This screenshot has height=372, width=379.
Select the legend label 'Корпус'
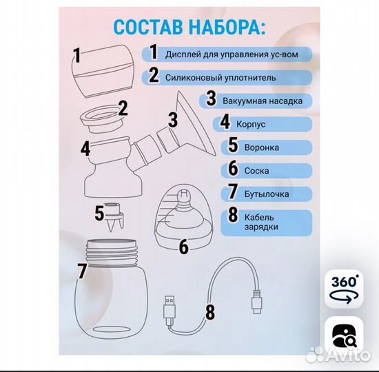(252, 124)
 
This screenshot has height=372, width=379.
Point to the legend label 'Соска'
(256, 170)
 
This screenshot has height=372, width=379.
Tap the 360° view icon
(345, 289)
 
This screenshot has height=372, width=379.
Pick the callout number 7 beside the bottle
(82, 271)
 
